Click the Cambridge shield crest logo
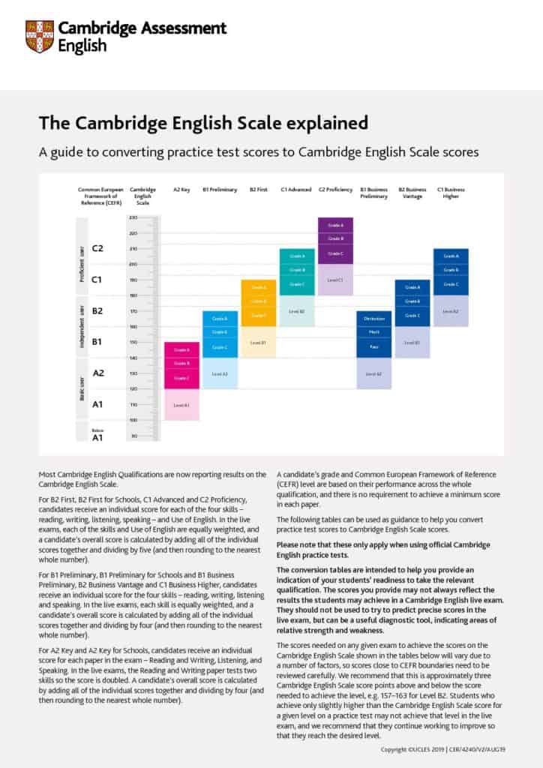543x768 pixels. click(x=39, y=36)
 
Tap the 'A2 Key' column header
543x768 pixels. click(x=181, y=190)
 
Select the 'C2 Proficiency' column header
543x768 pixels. click(x=335, y=190)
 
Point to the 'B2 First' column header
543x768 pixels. click(x=258, y=190)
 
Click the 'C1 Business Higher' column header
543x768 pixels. click(x=450, y=193)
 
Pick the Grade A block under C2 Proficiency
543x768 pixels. click(x=335, y=225)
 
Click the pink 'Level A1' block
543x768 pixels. click(x=181, y=405)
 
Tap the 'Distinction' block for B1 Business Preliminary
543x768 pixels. click(x=373, y=319)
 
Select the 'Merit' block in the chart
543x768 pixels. click(x=373, y=332)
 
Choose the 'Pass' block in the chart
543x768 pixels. click(x=373, y=346)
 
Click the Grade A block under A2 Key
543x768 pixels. click(x=181, y=349)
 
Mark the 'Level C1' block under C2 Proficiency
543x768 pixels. click(x=335, y=280)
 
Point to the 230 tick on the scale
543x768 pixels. click(x=133, y=217)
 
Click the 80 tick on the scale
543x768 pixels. click(x=133, y=436)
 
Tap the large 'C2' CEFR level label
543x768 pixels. click(x=98, y=248)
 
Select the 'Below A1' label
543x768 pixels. click(x=97, y=434)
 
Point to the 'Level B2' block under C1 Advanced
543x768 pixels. click(x=296, y=310)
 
